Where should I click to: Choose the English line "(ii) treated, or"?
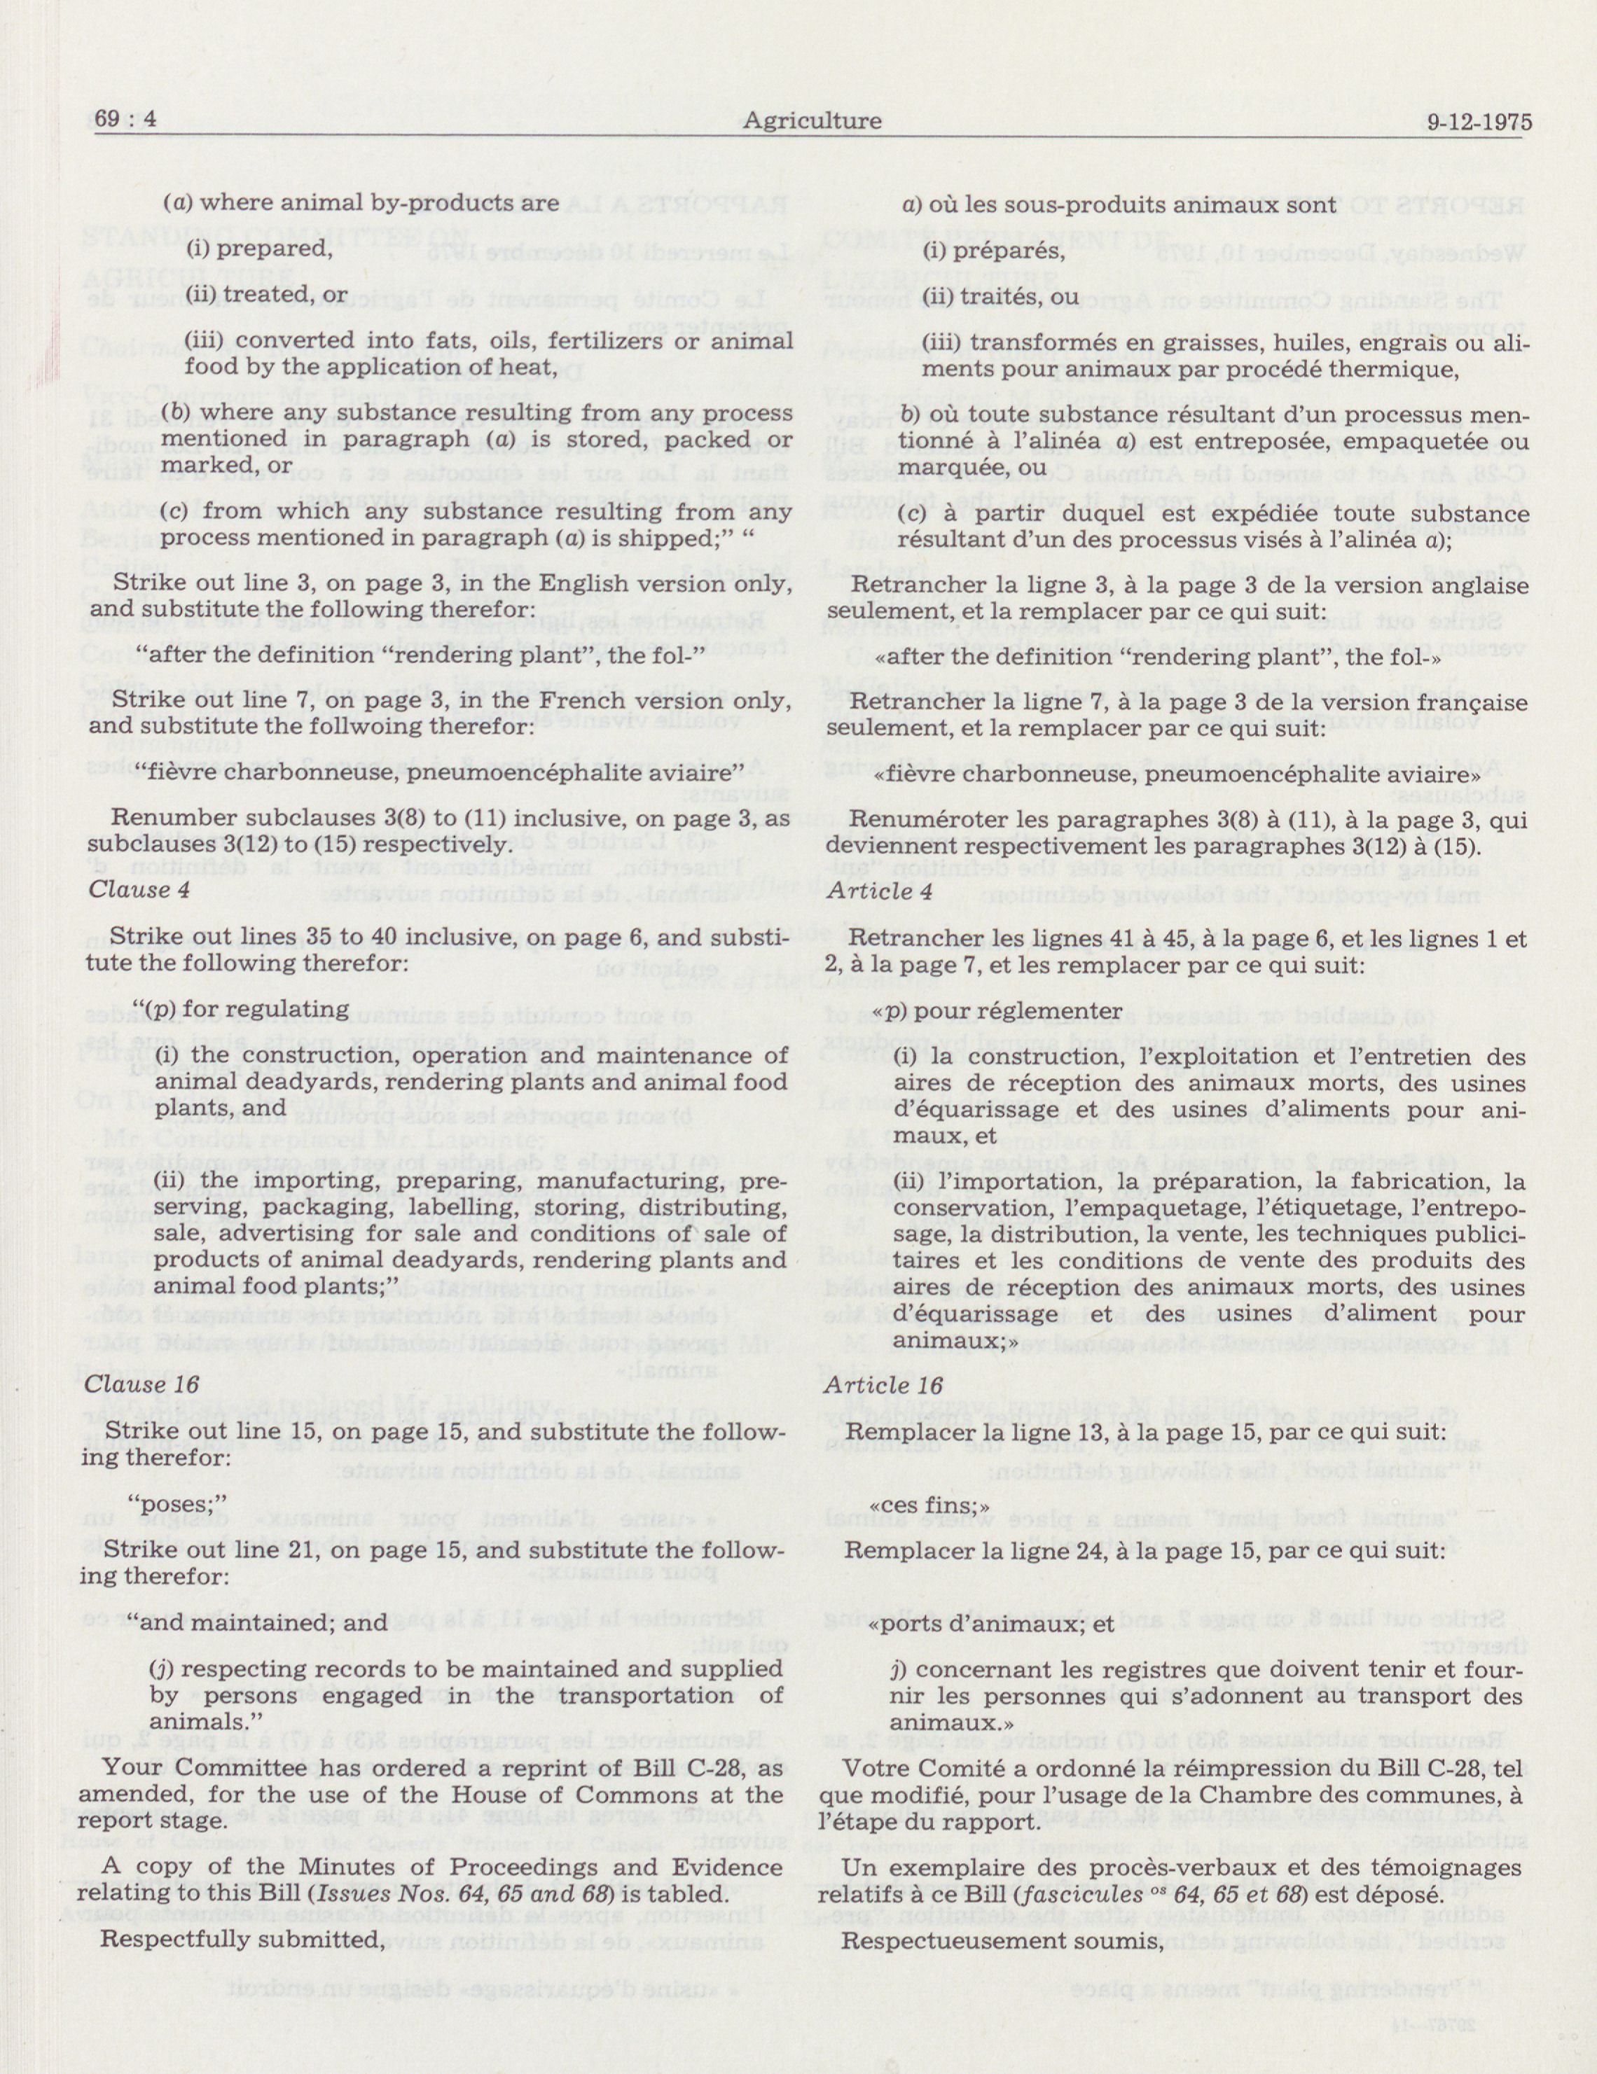pyautogui.click(x=266, y=295)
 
